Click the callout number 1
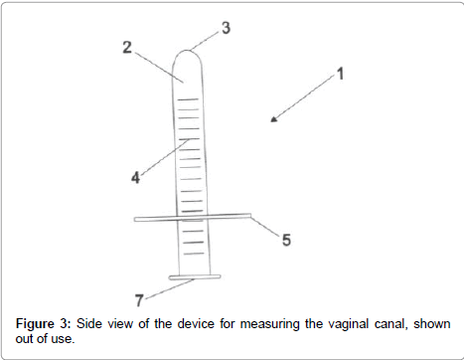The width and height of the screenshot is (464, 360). click(x=341, y=74)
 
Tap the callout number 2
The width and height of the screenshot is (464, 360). click(x=127, y=48)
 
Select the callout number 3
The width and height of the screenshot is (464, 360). click(x=226, y=28)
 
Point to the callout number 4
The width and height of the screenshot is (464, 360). click(x=135, y=178)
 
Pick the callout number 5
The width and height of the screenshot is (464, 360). click(x=286, y=240)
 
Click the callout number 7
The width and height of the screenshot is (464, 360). click(x=139, y=300)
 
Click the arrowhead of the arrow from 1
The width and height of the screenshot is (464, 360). click(x=273, y=119)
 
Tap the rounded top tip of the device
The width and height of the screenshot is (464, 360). click(x=187, y=51)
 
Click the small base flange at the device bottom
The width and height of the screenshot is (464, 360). click(x=195, y=277)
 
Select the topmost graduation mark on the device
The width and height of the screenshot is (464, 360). click(x=188, y=99)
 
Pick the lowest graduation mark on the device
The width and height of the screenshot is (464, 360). click(x=194, y=254)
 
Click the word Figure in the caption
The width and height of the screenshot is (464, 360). click(x=35, y=324)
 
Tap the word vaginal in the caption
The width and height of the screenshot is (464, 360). click(x=348, y=324)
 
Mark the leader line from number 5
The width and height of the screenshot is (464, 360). click(x=264, y=226)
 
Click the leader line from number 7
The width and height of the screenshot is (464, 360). click(x=170, y=288)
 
